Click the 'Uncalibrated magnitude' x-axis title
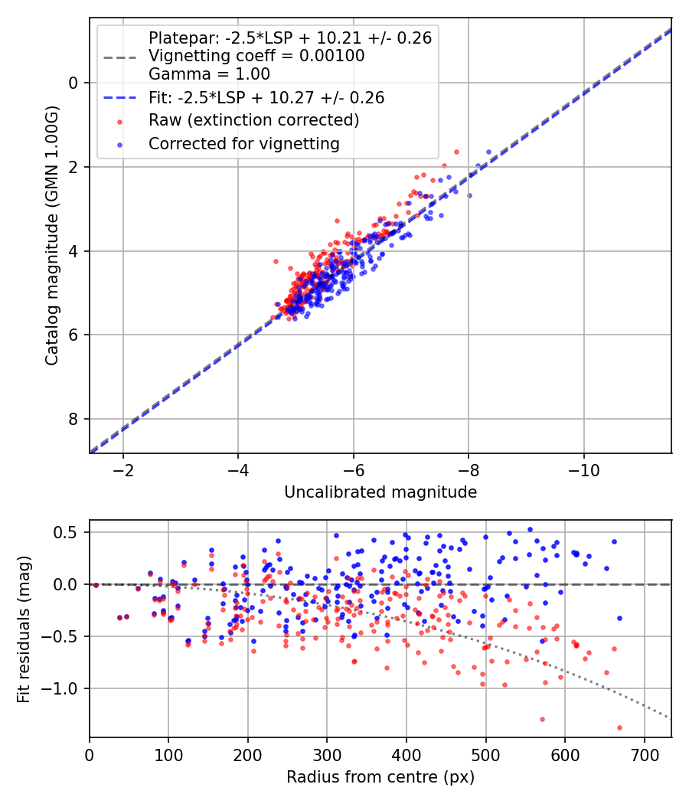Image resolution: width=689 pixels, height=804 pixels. point(380,492)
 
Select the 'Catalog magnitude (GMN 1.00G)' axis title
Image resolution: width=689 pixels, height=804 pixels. point(51,236)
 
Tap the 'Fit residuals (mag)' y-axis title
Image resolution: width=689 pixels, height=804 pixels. point(23,629)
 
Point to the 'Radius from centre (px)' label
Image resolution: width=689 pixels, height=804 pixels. point(380,777)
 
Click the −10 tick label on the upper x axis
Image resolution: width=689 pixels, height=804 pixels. point(583,470)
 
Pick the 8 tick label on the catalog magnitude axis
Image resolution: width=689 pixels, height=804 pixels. point(73,419)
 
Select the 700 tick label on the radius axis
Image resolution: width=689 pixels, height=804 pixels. point(644,755)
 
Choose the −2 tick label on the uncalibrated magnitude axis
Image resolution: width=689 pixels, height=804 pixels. point(122,470)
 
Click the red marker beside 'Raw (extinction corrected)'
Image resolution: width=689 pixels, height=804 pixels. point(120,122)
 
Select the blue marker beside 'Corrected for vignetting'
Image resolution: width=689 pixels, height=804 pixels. point(120,145)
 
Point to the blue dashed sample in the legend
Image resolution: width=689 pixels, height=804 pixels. point(120,98)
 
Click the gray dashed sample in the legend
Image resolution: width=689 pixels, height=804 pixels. point(120,57)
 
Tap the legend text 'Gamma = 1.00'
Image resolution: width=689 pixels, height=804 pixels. point(209,74)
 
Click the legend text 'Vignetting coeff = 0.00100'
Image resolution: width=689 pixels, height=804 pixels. point(256,56)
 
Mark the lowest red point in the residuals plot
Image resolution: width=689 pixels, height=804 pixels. point(619,727)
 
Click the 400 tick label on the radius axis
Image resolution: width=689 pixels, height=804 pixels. point(406,755)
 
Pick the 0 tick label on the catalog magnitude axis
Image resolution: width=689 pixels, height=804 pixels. point(73,83)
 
